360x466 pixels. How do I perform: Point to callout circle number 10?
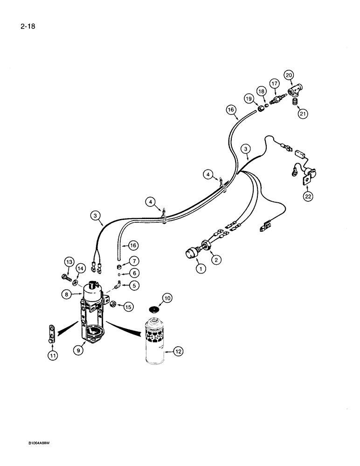coord(167,298)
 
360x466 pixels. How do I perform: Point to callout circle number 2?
coord(215,259)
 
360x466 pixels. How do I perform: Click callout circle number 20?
coord(289,75)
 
